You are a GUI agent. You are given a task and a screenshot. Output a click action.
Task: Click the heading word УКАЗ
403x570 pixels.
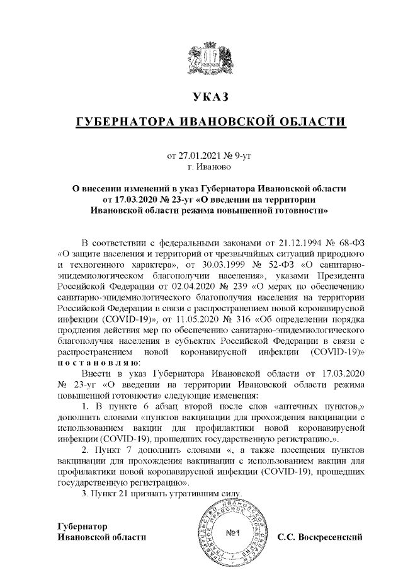tap(210, 98)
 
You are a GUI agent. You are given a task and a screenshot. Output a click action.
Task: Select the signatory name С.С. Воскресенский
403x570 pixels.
tap(321, 537)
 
